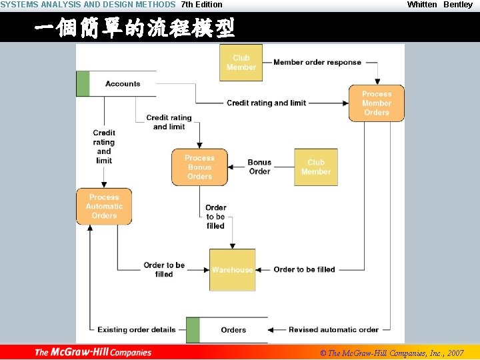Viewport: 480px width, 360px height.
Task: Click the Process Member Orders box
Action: [376, 103]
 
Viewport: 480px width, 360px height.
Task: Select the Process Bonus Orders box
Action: [199, 167]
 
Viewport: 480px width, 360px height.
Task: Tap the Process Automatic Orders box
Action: [104, 207]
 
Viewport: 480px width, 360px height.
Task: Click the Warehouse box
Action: [232, 269]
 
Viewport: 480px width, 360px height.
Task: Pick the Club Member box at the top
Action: [241, 63]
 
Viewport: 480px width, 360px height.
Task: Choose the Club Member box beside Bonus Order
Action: [315, 167]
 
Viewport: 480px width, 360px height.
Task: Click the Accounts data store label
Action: [123, 84]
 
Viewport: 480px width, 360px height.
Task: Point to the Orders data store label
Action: [233, 330]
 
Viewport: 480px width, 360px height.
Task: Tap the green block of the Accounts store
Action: [83, 84]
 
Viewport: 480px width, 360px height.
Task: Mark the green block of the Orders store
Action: [193, 330]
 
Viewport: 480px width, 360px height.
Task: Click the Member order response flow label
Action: [317, 63]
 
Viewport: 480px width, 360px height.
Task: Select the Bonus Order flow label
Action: [259, 167]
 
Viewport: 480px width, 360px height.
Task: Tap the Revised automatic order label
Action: [333, 329]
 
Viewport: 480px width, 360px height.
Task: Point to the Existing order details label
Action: [137, 329]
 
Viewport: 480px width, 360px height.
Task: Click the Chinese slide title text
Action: [134, 29]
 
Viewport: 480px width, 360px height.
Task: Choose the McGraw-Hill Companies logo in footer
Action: [93, 352]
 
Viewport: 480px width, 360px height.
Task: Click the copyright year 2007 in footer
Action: [455, 353]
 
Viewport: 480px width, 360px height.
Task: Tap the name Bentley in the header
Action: [458, 5]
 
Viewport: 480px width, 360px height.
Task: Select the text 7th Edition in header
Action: [202, 5]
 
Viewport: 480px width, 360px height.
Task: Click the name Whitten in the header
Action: [422, 5]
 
